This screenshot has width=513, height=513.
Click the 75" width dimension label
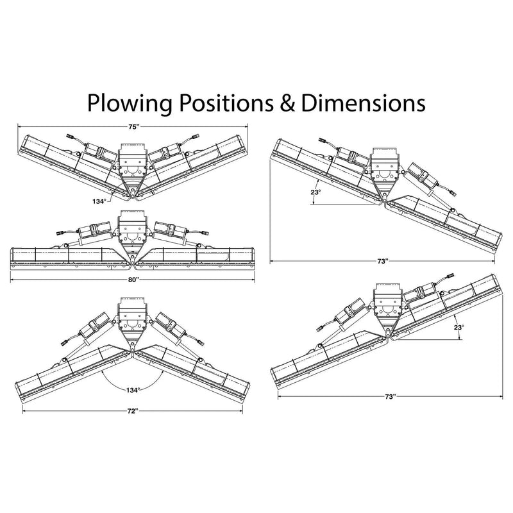tap(133, 127)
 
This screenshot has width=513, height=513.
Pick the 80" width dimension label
tap(133, 280)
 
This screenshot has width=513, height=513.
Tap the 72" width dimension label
tap(133, 410)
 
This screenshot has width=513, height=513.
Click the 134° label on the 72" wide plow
tap(133, 389)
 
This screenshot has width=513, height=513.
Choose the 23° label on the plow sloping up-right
tap(457, 327)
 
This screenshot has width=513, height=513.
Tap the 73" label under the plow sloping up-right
tap(390, 398)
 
